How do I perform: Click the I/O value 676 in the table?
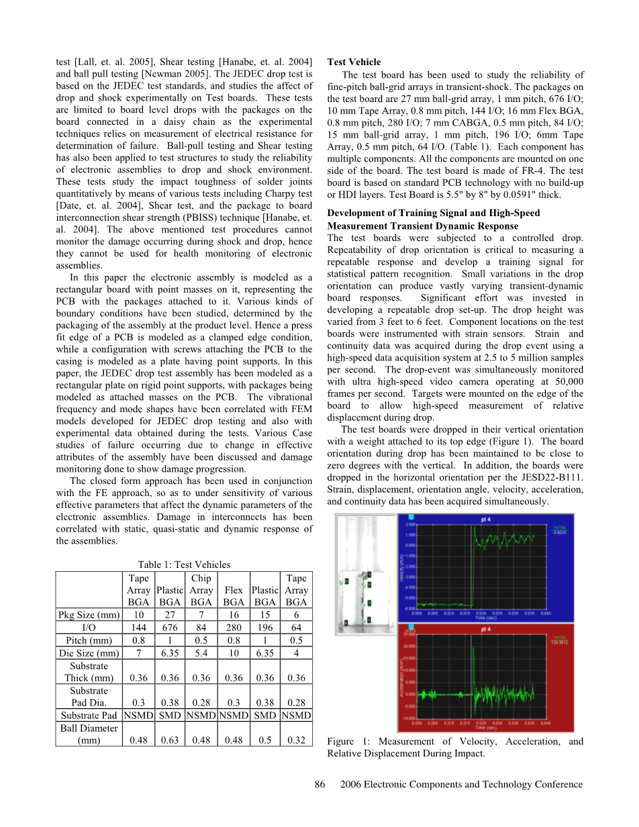(170, 627)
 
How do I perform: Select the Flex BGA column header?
(234, 596)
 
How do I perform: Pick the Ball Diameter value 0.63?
(170, 740)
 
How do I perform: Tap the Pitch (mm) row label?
(89, 640)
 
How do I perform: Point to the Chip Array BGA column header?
(201, 590)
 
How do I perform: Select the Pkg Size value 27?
(170, 614)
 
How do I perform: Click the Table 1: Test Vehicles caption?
(184, 565)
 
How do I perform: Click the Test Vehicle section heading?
(354, 62)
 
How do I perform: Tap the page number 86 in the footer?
(320, 784)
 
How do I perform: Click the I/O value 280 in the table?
(234, 627)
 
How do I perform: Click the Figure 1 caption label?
(349, 741)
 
